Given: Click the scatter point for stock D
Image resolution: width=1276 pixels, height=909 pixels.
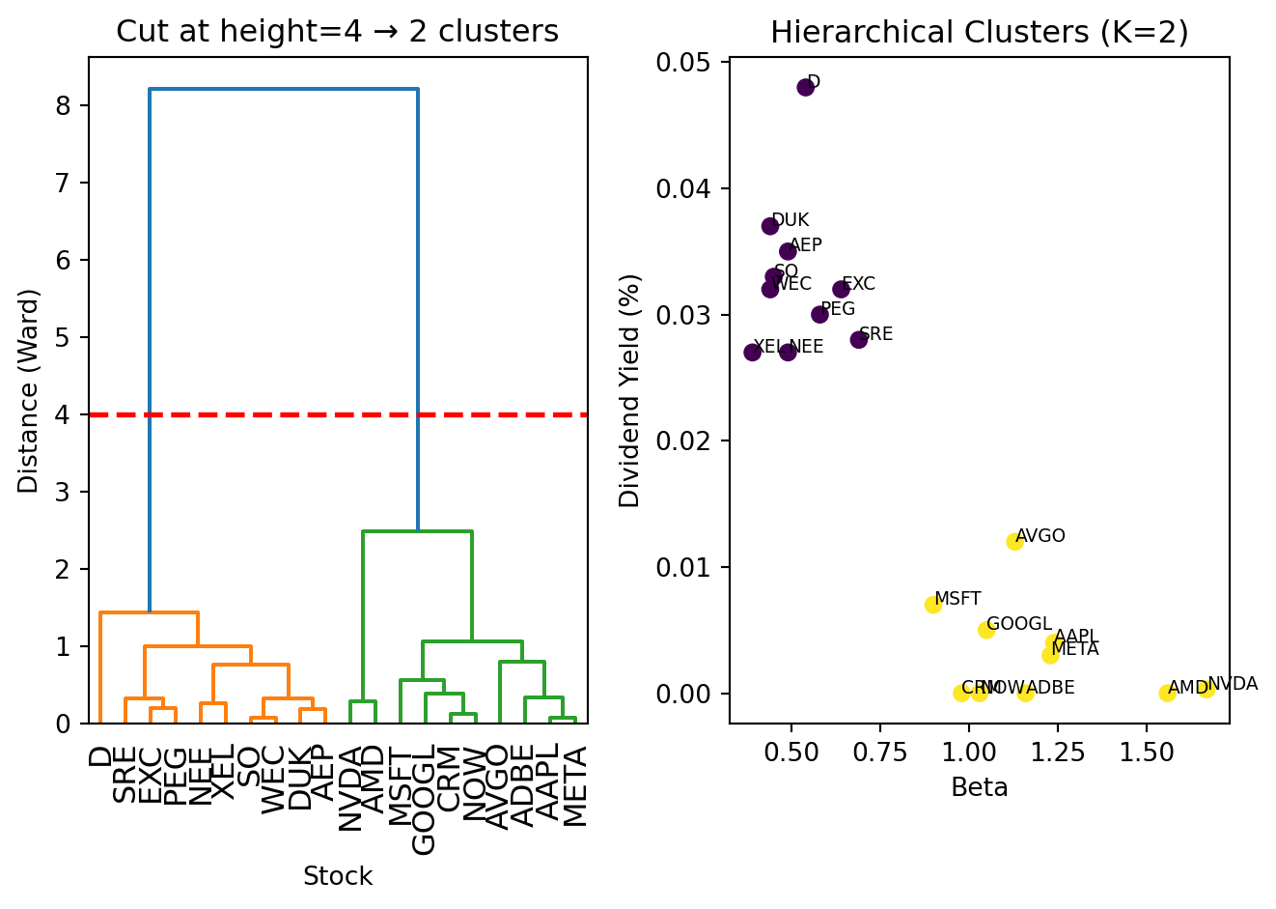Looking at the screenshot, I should tap(806, 88).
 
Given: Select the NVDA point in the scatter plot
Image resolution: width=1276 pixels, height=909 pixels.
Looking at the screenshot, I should tap(1206, 689).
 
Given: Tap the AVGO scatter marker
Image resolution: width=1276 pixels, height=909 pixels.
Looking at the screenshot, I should tap(1014, 542).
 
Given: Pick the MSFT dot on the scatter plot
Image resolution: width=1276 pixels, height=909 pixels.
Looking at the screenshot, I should tap(933, 605).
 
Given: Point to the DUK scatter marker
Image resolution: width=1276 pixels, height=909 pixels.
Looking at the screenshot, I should tap(770, 226).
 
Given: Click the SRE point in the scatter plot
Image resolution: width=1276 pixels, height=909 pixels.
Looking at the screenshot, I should tap(859, 339).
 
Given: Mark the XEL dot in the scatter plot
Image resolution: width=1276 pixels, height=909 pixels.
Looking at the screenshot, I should tap(753, 352).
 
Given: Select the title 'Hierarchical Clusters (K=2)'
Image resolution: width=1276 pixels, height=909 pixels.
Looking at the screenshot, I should tap(979, 33).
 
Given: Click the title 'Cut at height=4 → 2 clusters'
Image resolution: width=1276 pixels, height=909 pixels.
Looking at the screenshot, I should tap(337, 33).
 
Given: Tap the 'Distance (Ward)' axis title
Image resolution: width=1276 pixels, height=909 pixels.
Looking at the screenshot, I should tap(29, 390).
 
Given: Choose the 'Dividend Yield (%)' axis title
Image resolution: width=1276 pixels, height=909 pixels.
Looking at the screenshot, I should tap(630, 390).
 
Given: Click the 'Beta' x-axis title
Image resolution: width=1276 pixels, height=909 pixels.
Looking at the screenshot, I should tap(979, 788).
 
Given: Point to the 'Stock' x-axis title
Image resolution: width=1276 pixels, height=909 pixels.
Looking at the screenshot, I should tap(337, 876).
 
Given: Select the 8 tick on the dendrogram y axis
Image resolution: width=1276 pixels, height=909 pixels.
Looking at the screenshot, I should tap(63, 105).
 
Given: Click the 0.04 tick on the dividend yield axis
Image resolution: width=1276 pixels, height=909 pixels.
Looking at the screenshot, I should tap(684, 188).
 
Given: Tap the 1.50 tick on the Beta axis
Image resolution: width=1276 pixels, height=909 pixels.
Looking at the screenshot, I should tap(1146, 752).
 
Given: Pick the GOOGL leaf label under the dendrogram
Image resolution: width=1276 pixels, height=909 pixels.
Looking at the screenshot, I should tap(424, 800).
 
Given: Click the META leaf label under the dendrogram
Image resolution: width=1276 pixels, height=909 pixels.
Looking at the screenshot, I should tap(574, 786).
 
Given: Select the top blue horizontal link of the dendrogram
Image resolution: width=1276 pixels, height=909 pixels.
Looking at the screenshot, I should tap(283, 90).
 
